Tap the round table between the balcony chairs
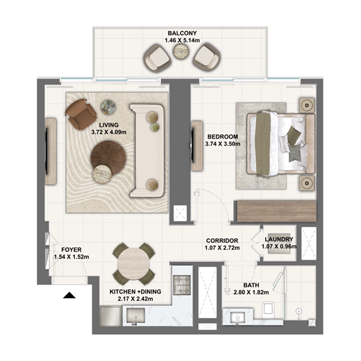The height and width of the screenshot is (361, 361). [x=181, y=53]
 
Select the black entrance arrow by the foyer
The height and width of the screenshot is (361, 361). [x=69, y=296]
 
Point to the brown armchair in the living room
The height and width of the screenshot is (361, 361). [x=80, y=113]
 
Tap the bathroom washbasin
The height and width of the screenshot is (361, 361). [x=238, y=317]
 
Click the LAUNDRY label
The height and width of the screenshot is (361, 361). [x=279, y=240]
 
